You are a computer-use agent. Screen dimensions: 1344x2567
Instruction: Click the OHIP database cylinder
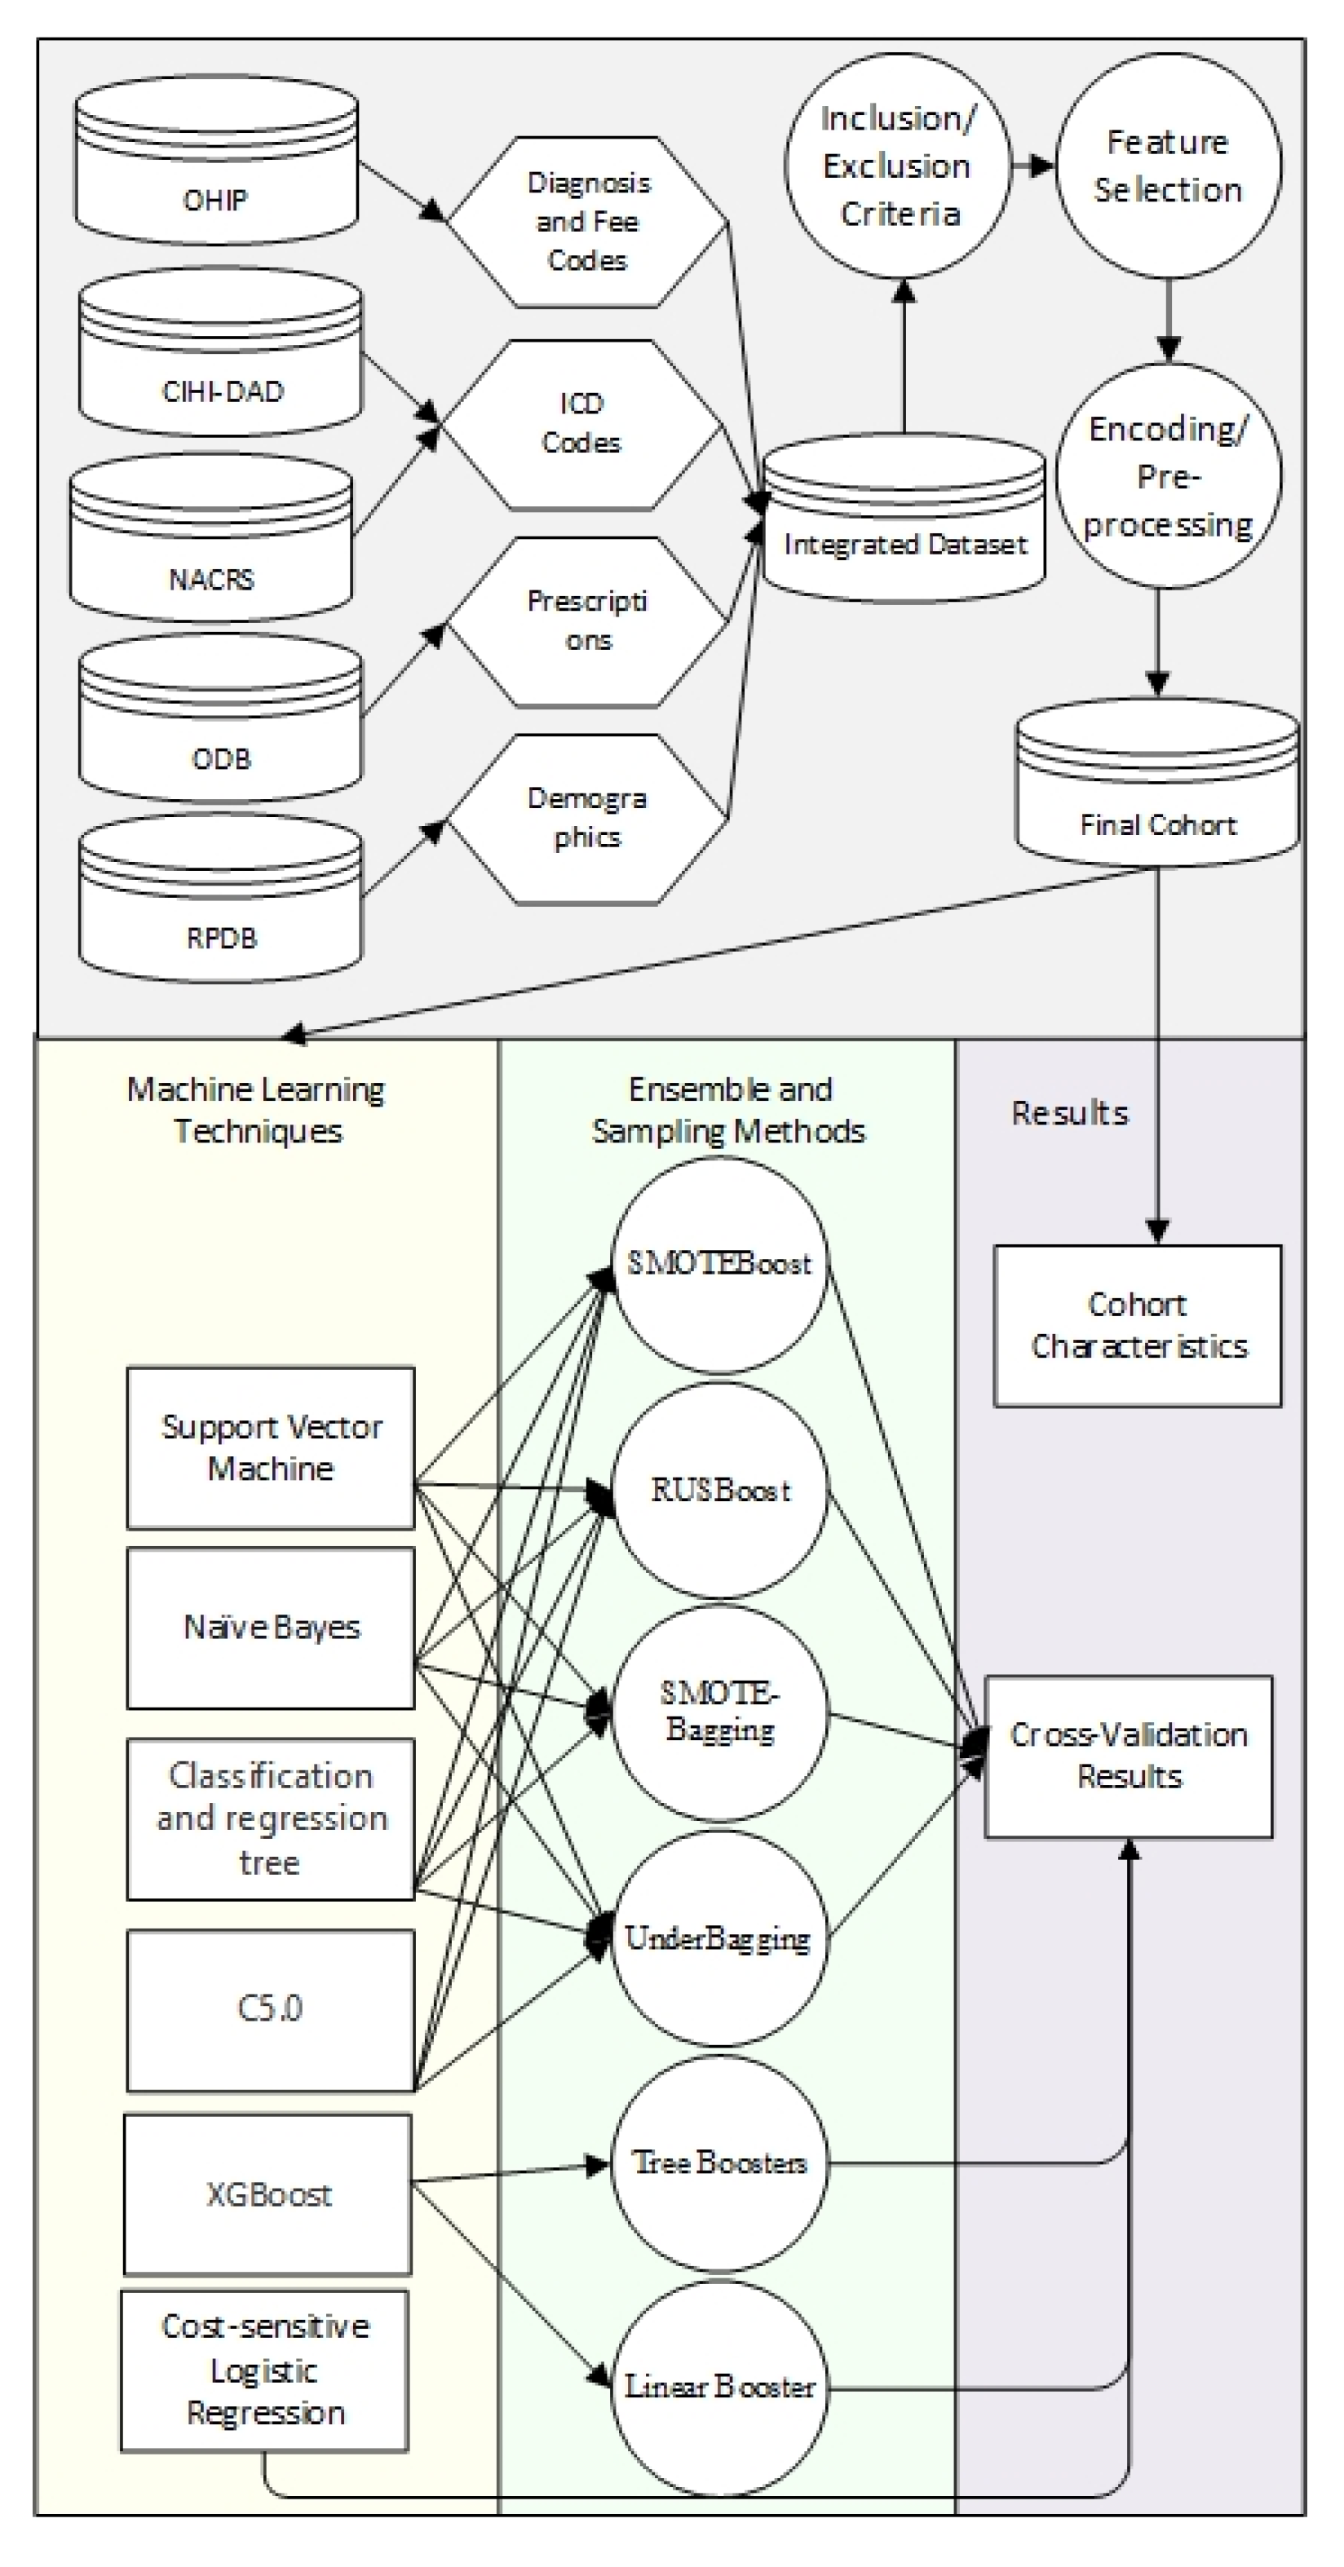click(x=216, y=165)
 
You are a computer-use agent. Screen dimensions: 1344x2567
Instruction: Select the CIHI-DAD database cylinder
click(x=220, y=351)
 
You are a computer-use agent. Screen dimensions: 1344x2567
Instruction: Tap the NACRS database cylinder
click(x=210, y=538)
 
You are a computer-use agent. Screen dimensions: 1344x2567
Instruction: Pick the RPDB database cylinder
click(x=220, y=897)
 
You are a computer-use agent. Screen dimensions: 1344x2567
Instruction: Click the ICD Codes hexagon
click(x=583, y=425)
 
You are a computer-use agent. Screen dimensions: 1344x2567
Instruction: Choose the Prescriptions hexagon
click(x=587, y=622)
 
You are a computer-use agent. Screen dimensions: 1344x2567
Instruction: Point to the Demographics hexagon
click(x=587, y=820)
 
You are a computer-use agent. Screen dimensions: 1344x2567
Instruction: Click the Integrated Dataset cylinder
click(x=904, y=517)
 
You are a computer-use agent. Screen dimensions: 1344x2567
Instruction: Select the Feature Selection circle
click(x=1168, y=166)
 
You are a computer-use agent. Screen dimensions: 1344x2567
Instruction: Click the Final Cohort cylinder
click(x=1156, y=781)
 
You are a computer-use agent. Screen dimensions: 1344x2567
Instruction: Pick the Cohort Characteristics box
click(x=1138, y=1325)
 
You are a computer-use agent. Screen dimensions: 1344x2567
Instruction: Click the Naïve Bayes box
click(x=271, y=1628)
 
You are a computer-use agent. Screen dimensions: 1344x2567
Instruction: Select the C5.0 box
click(x=271, y=2010)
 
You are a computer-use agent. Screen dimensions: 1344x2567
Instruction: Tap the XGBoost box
click(x=268, y=2194)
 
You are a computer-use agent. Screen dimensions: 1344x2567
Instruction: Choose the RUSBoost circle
click(x=719, y=1490)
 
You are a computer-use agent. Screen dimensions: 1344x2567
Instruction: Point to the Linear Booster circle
click(x=719, y=2387)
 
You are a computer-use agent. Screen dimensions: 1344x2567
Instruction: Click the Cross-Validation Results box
click(x=1129, y=1756)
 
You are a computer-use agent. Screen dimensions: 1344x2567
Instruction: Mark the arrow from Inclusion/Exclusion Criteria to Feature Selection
click(x=1034, y=166)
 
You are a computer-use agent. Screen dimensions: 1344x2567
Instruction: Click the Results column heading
click(x=1070, y=1112)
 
